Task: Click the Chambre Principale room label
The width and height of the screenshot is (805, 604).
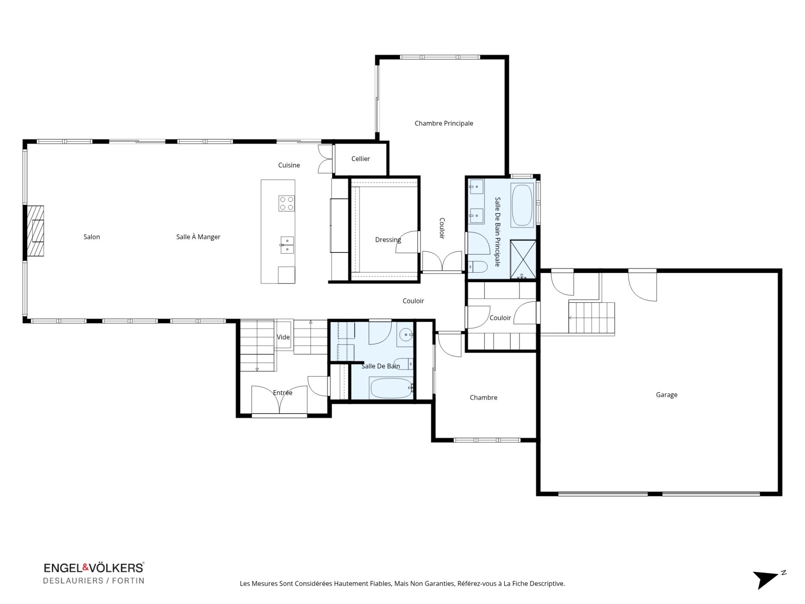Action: pyautogui.click(x=444, y=123)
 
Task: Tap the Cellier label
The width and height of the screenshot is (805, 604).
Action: pyautogui.click(x=361, y=159)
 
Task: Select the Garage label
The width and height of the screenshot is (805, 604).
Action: pyautogui.click(x=667, y=395)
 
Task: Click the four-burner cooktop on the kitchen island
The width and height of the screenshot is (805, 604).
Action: pyautogui.click(x=287, y=203)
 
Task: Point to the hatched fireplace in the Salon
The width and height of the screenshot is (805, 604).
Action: pyautogui.click(x=35, y=231)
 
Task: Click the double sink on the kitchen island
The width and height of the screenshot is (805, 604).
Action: pyautogui.click(x=287, y=245)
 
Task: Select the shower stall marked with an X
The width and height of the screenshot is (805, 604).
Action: pyautogui.click(x=523, y=259)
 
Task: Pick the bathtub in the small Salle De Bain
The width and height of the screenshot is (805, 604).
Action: pyautogui.click(x=391, y=388)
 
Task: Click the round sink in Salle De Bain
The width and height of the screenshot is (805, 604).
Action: pyautogui.click(x=405, y=335)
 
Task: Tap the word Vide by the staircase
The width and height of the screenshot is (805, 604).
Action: pyautogui.click(x=283, y=337)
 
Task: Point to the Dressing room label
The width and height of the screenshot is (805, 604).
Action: pyautogui.click(x=388, y=240)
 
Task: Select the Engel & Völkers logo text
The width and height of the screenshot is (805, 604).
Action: pyautogui.click(x=93, y=568)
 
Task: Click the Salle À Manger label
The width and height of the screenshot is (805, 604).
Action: pyautogui.click(x=198, y=237)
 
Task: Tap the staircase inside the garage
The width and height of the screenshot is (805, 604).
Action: pyautogui.click(x=591, y=318)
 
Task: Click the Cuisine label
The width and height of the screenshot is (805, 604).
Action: pyautogui.click(x=289, y=165)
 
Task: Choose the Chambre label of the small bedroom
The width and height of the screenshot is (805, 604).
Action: pyautogui.click(x=483, y=398)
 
